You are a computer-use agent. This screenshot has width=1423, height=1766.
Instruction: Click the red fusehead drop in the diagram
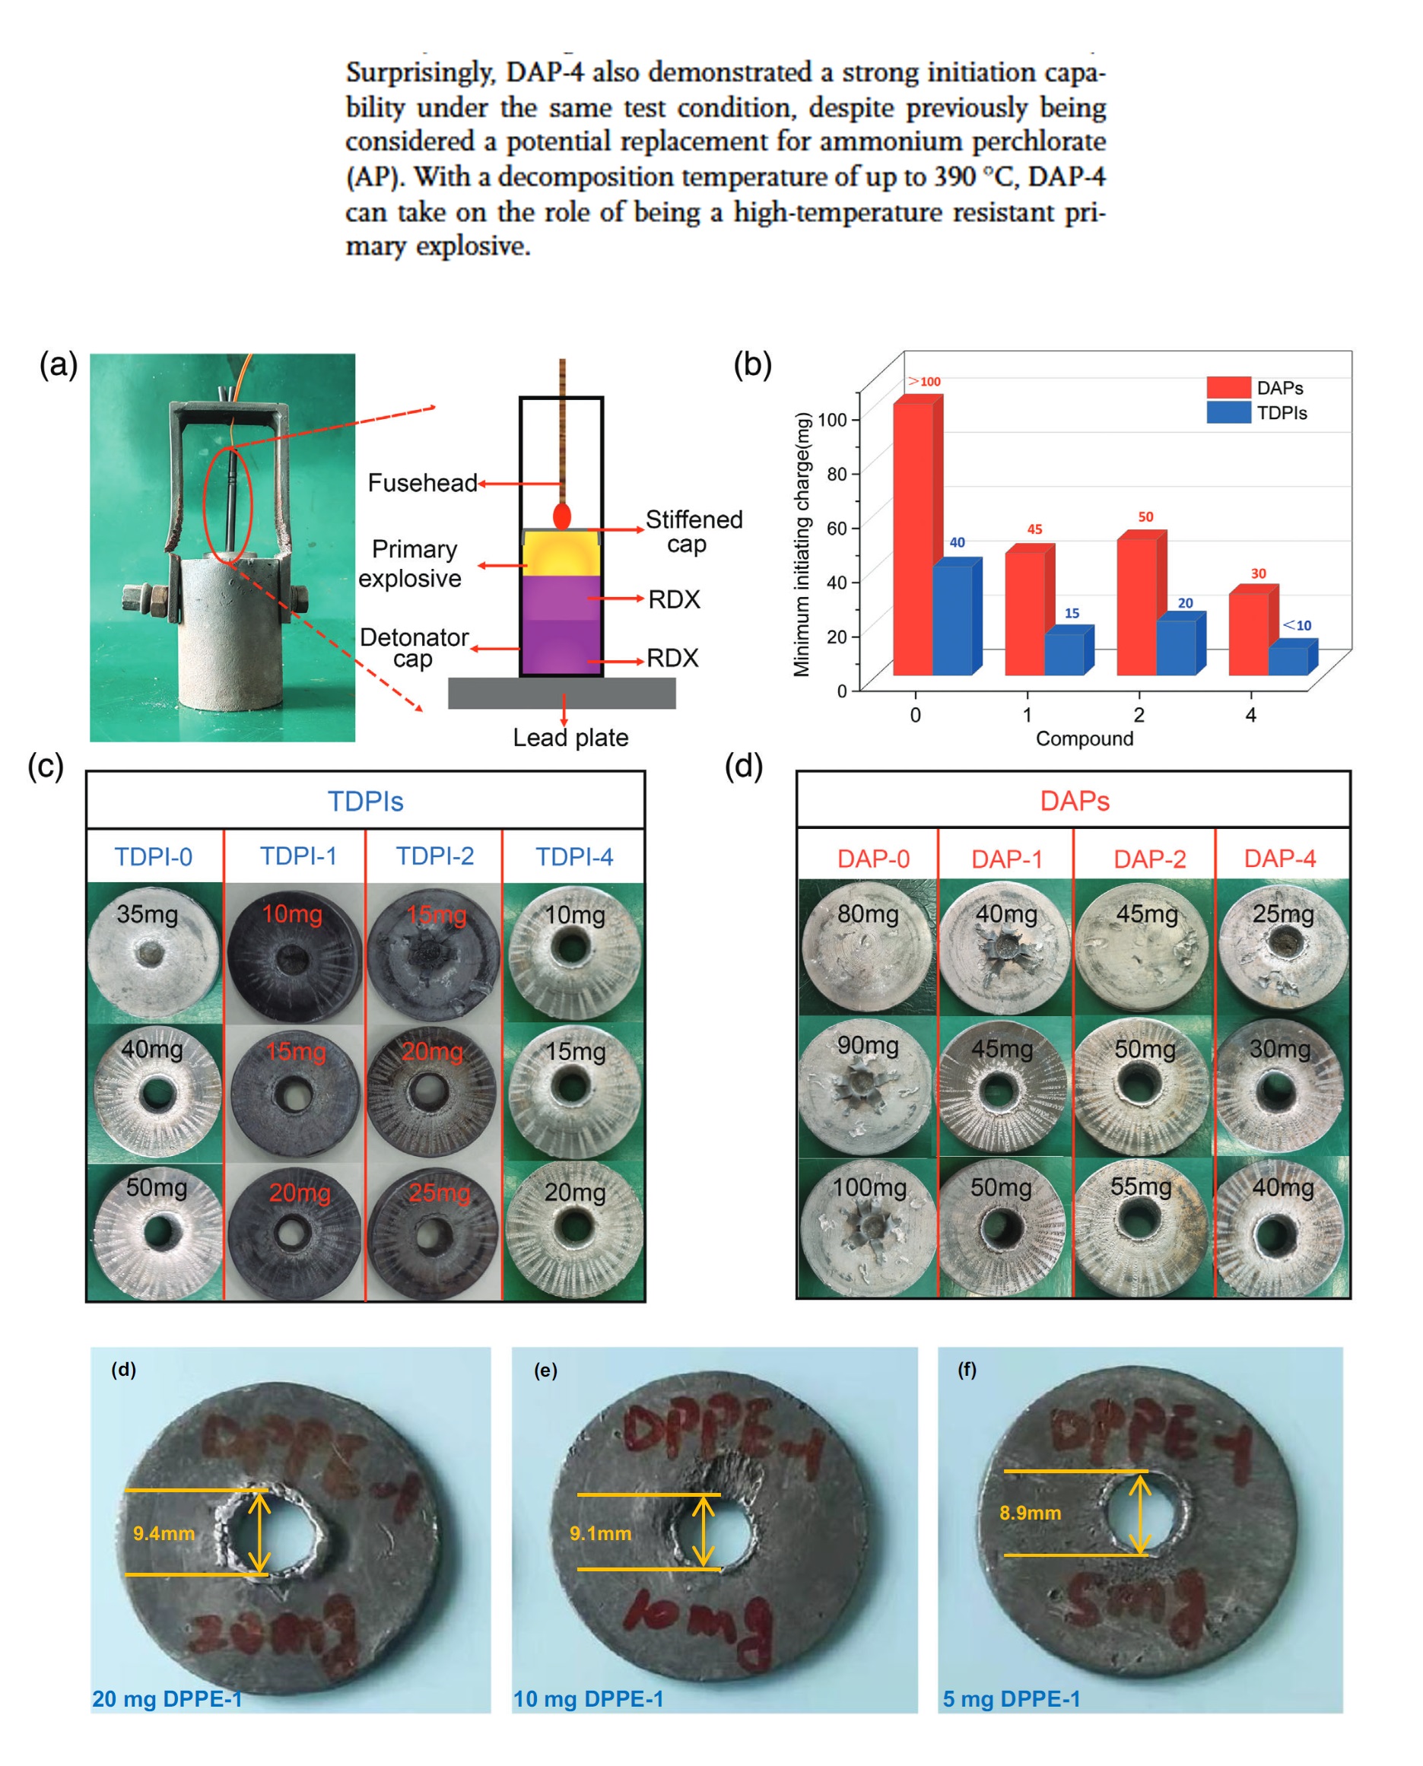pyautogui.click(x=561, y=516)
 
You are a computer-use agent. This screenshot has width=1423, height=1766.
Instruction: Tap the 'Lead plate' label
pyautogui.click(x=570, y=738)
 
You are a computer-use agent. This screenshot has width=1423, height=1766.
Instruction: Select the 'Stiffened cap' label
pyautogui.click(x=694, y=531)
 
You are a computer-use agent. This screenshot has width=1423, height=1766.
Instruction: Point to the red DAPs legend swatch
pyautogui.click(x=1228, y=388)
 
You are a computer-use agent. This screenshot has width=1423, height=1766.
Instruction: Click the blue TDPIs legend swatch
pyautogui.click(x=1228, y=412)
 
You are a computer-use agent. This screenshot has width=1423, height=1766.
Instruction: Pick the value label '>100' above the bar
pyautogui.click(x=924, y=381)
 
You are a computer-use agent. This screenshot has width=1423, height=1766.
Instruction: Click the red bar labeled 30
pyautogui.click(x=1247, y=634)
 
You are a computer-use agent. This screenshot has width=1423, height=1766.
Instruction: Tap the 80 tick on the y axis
pyautogui.click(x=836, y=474)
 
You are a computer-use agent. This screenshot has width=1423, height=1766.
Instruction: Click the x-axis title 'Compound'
pyautogui.click(x=1084, y=738)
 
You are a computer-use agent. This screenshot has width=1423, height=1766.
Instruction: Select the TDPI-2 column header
pyautogui.click(x=434, y=856)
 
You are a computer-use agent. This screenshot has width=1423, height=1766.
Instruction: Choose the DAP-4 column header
pyautogui.click(x=1279, y=858)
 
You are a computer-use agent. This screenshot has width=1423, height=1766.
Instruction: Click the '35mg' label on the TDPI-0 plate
pyautogui.click(x=147, y=913)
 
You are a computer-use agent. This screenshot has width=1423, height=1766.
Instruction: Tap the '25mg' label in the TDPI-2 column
pyautogui.click(x=440, y=1193)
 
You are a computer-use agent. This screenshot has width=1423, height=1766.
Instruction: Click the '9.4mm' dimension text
pyautogui.click(x=164, y=1533)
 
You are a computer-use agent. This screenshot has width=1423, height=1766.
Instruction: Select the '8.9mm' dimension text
pyautogui.click(x=1030, y=1513)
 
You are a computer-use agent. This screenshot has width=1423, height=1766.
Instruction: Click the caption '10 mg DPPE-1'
pyautogui.click(x=588, y=1698)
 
